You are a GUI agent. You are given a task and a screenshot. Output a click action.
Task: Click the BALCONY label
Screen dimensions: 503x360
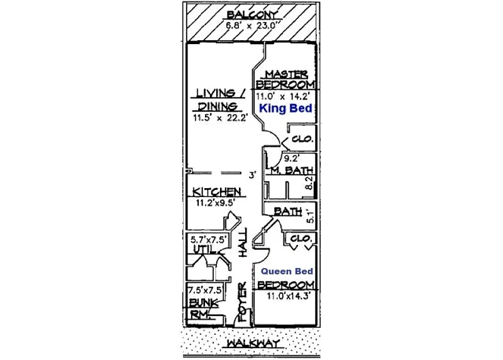click(252, 15)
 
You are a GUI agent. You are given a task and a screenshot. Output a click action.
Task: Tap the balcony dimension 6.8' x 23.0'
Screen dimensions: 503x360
click(253, 25)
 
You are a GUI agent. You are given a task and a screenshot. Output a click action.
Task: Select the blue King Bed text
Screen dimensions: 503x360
click(285, 108)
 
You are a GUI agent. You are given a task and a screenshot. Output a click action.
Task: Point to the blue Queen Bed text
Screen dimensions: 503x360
click(287, 271)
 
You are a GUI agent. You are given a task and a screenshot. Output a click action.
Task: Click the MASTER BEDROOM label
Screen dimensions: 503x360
click(285, 80)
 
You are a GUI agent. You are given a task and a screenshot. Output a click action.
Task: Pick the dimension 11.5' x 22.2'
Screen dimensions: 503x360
click(220, 118)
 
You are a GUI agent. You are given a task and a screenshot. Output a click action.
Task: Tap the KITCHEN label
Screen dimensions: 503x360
click(216, 192)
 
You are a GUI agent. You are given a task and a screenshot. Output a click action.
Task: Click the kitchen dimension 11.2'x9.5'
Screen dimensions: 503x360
click(216, 203)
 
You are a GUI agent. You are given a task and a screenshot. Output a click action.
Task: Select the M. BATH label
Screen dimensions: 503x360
click(292, 170)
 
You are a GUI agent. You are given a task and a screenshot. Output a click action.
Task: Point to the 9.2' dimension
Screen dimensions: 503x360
click(292, 159)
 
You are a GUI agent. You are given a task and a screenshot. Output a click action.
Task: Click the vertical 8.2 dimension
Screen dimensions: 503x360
click(309, 183)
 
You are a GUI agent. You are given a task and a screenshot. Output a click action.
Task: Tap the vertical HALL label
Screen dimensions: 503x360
click(243, 242)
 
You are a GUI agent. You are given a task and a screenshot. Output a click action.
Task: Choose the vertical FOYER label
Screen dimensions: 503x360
click(243, 302)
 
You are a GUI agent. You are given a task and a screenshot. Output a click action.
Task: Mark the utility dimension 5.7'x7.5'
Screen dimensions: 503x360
click(209, 240)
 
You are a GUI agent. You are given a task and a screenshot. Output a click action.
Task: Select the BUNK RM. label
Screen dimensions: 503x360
click(203, 308)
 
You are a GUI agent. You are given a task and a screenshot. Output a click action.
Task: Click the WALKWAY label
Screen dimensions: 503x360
click(253, 344)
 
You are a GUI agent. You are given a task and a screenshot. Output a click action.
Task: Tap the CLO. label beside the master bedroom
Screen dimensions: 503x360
click(302, 139)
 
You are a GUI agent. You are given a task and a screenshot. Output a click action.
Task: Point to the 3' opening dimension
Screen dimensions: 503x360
click(253, 175)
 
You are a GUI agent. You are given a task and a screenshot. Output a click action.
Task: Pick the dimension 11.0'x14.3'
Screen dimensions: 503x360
click(289, 296)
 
